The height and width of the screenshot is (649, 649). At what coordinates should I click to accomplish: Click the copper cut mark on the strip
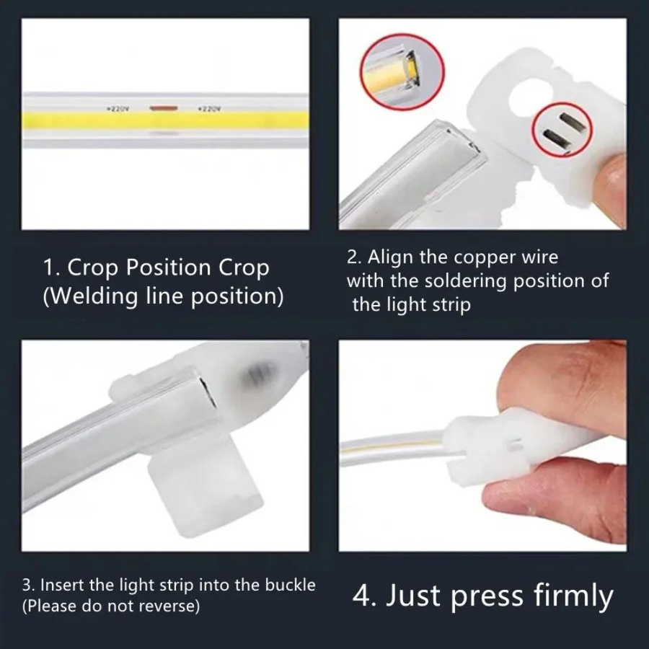[x=164, y=108]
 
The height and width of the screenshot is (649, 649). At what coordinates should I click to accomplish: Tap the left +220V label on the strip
[x=118, y=109]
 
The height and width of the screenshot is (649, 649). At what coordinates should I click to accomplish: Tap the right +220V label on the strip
[x=209, y=109]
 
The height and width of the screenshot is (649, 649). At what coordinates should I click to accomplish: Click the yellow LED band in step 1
[x=166, y=120]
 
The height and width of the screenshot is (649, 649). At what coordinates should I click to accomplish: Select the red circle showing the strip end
[x=402, y=71]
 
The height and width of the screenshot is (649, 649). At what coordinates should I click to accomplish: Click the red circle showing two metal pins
[x=562, y=129]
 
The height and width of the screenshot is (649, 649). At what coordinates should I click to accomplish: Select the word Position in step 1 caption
[x=169, y=268]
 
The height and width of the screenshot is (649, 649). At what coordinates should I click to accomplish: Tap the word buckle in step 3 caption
[x=290, y=585]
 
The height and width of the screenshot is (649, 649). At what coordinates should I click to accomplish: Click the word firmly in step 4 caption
[x=573, y=596]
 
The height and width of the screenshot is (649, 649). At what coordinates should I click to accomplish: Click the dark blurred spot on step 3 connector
[x=261, y=373]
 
